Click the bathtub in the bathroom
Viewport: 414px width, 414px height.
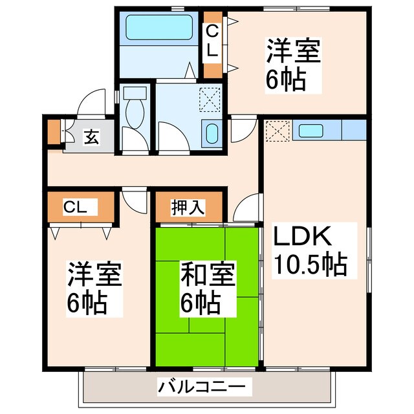[x=159, y=27]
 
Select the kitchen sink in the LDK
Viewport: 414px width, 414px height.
[x=311, y=131]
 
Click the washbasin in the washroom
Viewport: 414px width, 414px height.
[x=212, y=135]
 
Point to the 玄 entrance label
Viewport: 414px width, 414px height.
[x=91, y=137]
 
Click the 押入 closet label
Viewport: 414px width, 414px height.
[x=188, y=207]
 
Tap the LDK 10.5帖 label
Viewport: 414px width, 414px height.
[x=310, y=250]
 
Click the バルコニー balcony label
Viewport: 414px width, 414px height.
[x=202, y=387]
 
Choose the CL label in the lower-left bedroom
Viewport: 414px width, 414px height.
[x=75, y=207]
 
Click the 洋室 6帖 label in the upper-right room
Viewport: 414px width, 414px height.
[x=293, y=65]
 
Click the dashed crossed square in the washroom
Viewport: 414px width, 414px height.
[x=210, y=100]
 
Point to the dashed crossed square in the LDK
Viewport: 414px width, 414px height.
[x=278, y=131]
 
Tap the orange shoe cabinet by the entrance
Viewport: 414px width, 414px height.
[x=54, y=132]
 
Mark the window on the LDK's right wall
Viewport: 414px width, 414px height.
[x=369, y=259]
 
